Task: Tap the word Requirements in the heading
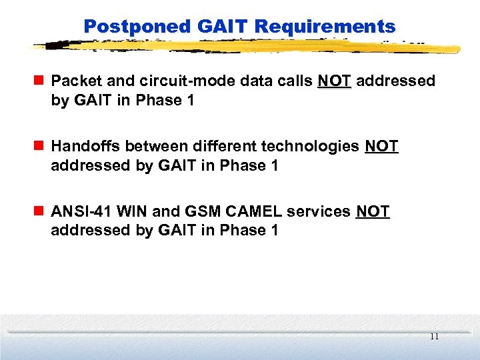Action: click(325, 27)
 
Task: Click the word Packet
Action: click(75, 81)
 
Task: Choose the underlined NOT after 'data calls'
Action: click(334, 81)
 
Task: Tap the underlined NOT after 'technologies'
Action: click(381, 146)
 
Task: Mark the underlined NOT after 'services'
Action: click(373, 211)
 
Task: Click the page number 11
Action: click(434, 337)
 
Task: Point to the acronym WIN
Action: click(131, 211)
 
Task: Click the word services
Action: click(319, 211)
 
